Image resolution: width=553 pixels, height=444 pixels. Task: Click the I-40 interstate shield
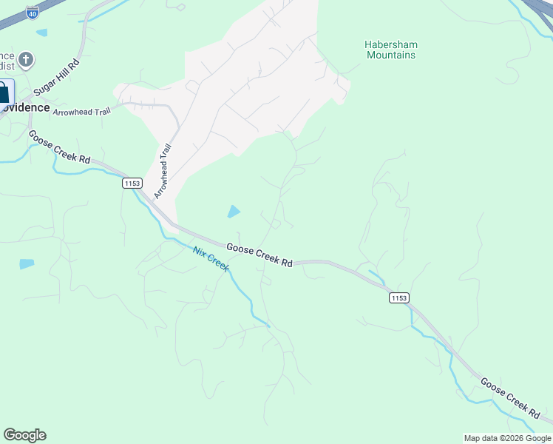(x=32, y=13)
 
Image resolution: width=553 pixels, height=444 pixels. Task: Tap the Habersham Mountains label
(x=390, y=50)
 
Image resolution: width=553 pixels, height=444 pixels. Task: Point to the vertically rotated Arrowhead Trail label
(x=163, y=171)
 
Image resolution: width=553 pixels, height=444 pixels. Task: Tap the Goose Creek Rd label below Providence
(x=59, y=148)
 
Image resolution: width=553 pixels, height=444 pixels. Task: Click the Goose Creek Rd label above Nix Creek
(x=259, y=255)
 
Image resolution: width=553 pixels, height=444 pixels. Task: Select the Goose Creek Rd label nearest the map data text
(x=509, y=395)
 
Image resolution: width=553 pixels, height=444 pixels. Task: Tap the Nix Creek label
(x=211, y=258)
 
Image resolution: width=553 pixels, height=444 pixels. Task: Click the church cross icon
(x=26, y=59)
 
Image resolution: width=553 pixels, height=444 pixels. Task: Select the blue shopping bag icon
(x=4, y=93)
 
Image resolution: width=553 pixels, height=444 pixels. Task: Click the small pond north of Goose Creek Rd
(x=234, y=212)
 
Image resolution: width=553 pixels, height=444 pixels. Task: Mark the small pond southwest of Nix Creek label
(x=27, y=263)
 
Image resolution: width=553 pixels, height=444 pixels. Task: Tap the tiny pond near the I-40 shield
(x=41, y=33)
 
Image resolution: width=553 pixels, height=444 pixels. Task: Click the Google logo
(x=24, y=434)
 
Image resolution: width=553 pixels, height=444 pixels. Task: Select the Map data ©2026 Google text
(x=506, y=438)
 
